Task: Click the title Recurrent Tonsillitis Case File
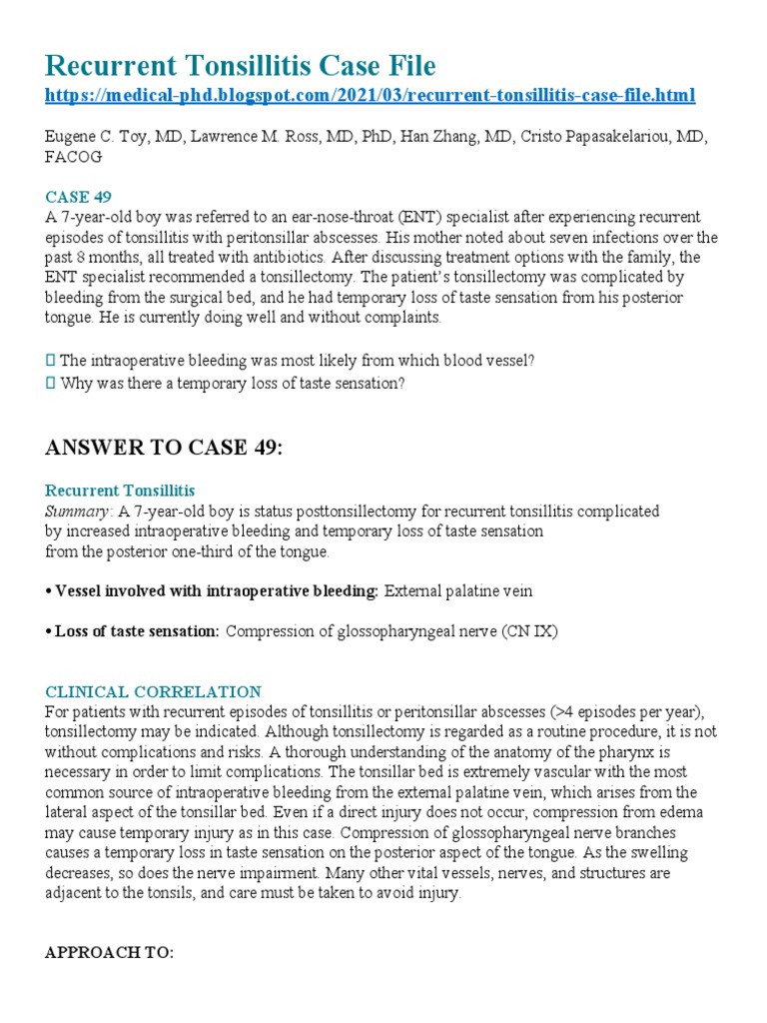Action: [241, 67]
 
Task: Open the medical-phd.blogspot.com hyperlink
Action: [371, 96]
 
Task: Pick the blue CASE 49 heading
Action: [77, 197]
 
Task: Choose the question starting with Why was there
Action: [232, 383]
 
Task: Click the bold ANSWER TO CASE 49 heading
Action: [165, 448]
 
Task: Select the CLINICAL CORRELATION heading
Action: [153, 691]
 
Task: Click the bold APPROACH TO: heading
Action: [109, 952]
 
